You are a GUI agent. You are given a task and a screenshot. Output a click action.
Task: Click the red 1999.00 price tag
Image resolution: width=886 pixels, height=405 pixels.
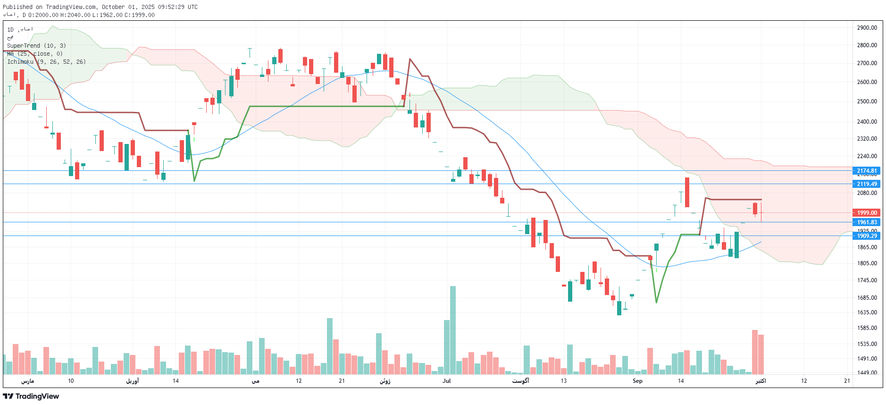[x=866, y=213]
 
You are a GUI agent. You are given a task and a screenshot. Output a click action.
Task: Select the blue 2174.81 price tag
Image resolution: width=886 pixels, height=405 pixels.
[x=866, y=171]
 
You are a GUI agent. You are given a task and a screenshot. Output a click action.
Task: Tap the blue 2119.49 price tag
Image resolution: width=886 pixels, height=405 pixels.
[x=866, y=184]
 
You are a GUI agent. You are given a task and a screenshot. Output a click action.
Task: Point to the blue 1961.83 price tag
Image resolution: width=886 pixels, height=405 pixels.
[x=866, y=222]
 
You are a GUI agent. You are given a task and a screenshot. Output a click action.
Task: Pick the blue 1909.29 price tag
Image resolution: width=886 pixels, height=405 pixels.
[x=866, y=236]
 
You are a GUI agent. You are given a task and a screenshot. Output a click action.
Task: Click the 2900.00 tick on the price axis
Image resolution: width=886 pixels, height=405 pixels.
[x=867, y=28]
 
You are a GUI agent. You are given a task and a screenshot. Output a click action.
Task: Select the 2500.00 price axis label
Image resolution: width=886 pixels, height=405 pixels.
[x=867, y=101]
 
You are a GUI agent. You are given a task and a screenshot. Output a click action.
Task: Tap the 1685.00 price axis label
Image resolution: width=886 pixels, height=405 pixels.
[x=867, y=298]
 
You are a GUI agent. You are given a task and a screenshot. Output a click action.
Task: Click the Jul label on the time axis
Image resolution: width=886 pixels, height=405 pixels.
[x=446, y=381]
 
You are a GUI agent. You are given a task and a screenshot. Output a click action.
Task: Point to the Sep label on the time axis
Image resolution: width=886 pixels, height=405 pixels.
[x=637, y=381]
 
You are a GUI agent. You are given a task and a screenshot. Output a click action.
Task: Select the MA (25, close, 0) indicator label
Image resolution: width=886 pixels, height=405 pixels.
[x=35, y=54]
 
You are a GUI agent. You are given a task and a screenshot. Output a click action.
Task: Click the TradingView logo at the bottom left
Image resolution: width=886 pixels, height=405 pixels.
[x=31, y=396]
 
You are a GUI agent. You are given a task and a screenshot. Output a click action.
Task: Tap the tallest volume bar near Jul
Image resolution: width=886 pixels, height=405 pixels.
[x=452, y=330]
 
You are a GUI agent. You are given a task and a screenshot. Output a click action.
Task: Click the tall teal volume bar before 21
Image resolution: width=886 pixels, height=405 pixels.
[x=330, y=346]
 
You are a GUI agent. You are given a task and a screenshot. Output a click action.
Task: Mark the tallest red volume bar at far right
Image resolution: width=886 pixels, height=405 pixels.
[x=754, y=352]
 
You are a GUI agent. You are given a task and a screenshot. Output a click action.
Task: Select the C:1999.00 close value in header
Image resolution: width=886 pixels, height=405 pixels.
[x=140, y=15]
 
